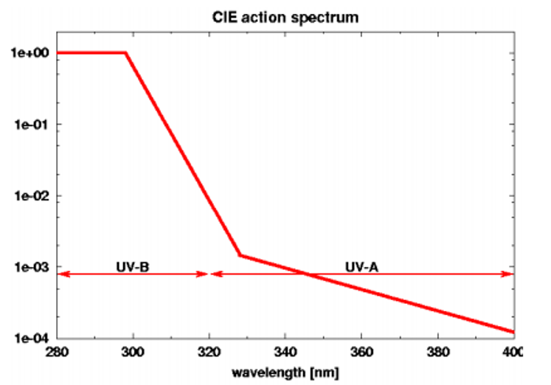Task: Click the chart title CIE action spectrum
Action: tap(285, 16)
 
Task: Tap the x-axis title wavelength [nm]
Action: tap(285, 373)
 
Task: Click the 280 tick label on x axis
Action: tap(57, 353)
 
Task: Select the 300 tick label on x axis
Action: tap(134, 353)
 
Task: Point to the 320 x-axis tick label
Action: tap(209, 353)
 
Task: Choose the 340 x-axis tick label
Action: tap(285, 353)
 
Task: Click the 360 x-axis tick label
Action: tap(361, 353)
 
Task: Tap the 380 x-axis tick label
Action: tap(438, 353)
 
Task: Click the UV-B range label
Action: tap(133, 265)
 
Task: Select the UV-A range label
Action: tap(361, 265)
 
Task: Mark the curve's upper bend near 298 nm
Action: tap(125, 53)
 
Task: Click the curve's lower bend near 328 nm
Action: tap(240, 255)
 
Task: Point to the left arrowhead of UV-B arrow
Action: tap(61, 274)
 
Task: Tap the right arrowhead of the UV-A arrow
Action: tap(509, 274)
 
